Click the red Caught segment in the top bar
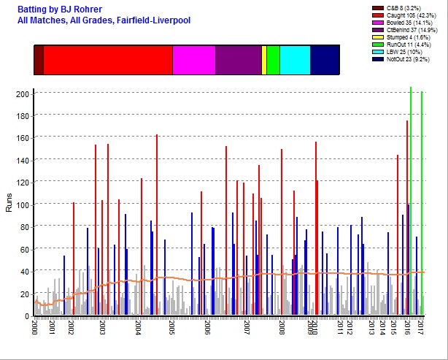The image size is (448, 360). [108, 59]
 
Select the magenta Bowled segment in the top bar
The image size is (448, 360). [193, 59]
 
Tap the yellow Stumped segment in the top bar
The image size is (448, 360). [263, 59]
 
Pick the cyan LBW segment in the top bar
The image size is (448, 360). [295, 59]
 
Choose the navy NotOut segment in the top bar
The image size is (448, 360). [324, 59]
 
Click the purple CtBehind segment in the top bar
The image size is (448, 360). [238, 59]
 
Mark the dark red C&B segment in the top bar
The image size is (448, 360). [39, 59]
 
